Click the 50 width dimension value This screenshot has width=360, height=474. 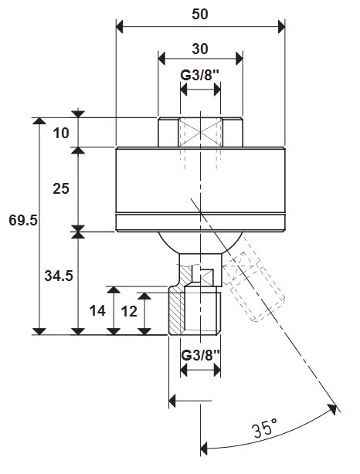200,14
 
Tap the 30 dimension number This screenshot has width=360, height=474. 200,49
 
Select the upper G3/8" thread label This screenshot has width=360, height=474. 199,75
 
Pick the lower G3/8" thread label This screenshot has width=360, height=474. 200,355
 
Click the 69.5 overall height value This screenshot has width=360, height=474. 23,220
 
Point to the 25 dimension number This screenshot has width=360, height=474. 61,188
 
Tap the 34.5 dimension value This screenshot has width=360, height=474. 59,276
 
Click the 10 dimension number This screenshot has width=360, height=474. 61,133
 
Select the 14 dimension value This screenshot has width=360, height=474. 97,311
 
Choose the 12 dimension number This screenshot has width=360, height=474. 129,311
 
